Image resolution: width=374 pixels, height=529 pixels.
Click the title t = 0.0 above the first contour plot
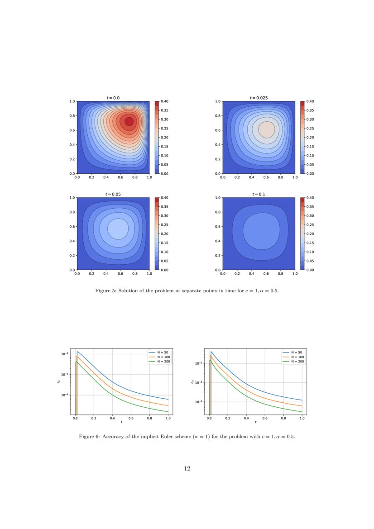[113, 98]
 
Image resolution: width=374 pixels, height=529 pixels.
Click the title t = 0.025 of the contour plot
[259, 98]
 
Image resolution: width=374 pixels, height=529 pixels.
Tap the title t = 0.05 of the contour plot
[113, 194]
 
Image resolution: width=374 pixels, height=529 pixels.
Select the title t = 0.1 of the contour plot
[259, 194]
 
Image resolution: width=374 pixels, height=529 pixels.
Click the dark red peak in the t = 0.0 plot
[129, 121]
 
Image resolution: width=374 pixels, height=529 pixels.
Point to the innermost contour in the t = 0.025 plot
[266, 129]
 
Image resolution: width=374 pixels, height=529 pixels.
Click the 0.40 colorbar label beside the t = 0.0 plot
[164, 102]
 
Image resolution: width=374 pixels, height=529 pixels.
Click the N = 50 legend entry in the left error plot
[161, 352]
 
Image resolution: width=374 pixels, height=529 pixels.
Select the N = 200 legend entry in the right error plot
[295, 362]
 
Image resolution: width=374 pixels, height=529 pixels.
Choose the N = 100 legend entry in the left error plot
[161, 357]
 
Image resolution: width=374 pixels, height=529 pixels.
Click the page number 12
[187, 469]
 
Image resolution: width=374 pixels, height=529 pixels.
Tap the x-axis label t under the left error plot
[121, 422]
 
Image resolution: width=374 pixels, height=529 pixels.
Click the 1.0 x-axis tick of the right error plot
[302, 419]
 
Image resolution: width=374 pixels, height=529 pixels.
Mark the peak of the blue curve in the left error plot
[77, 352]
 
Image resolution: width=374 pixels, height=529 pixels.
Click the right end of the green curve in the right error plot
[302, 411]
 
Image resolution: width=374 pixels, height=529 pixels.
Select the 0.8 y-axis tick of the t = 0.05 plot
[72, 212]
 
